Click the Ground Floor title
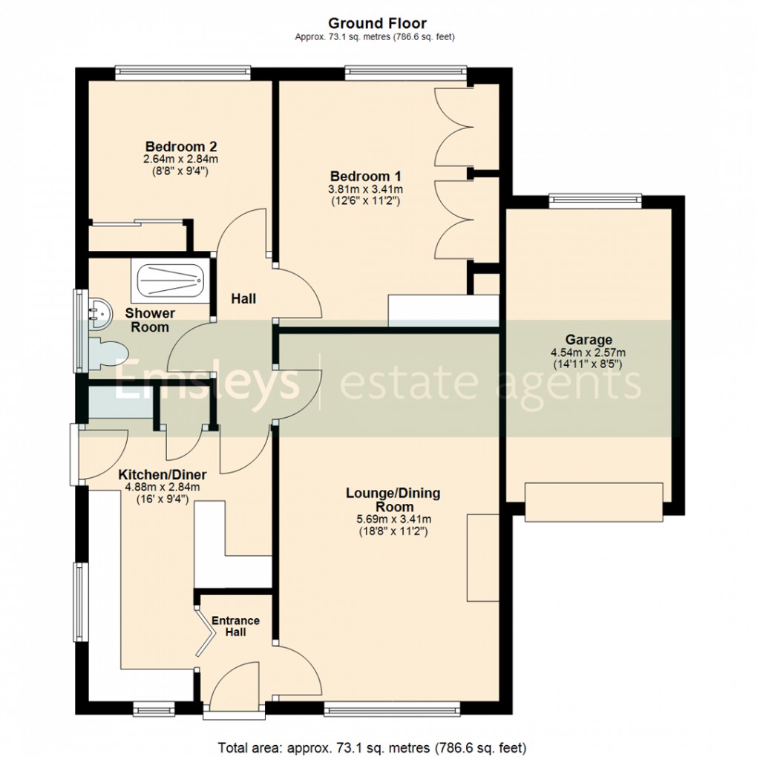378,24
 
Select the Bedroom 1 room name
365,176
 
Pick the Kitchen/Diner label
163,475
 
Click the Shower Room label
150,320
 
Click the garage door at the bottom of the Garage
594,502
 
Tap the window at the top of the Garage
594,198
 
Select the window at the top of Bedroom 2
182,72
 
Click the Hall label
243,299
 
